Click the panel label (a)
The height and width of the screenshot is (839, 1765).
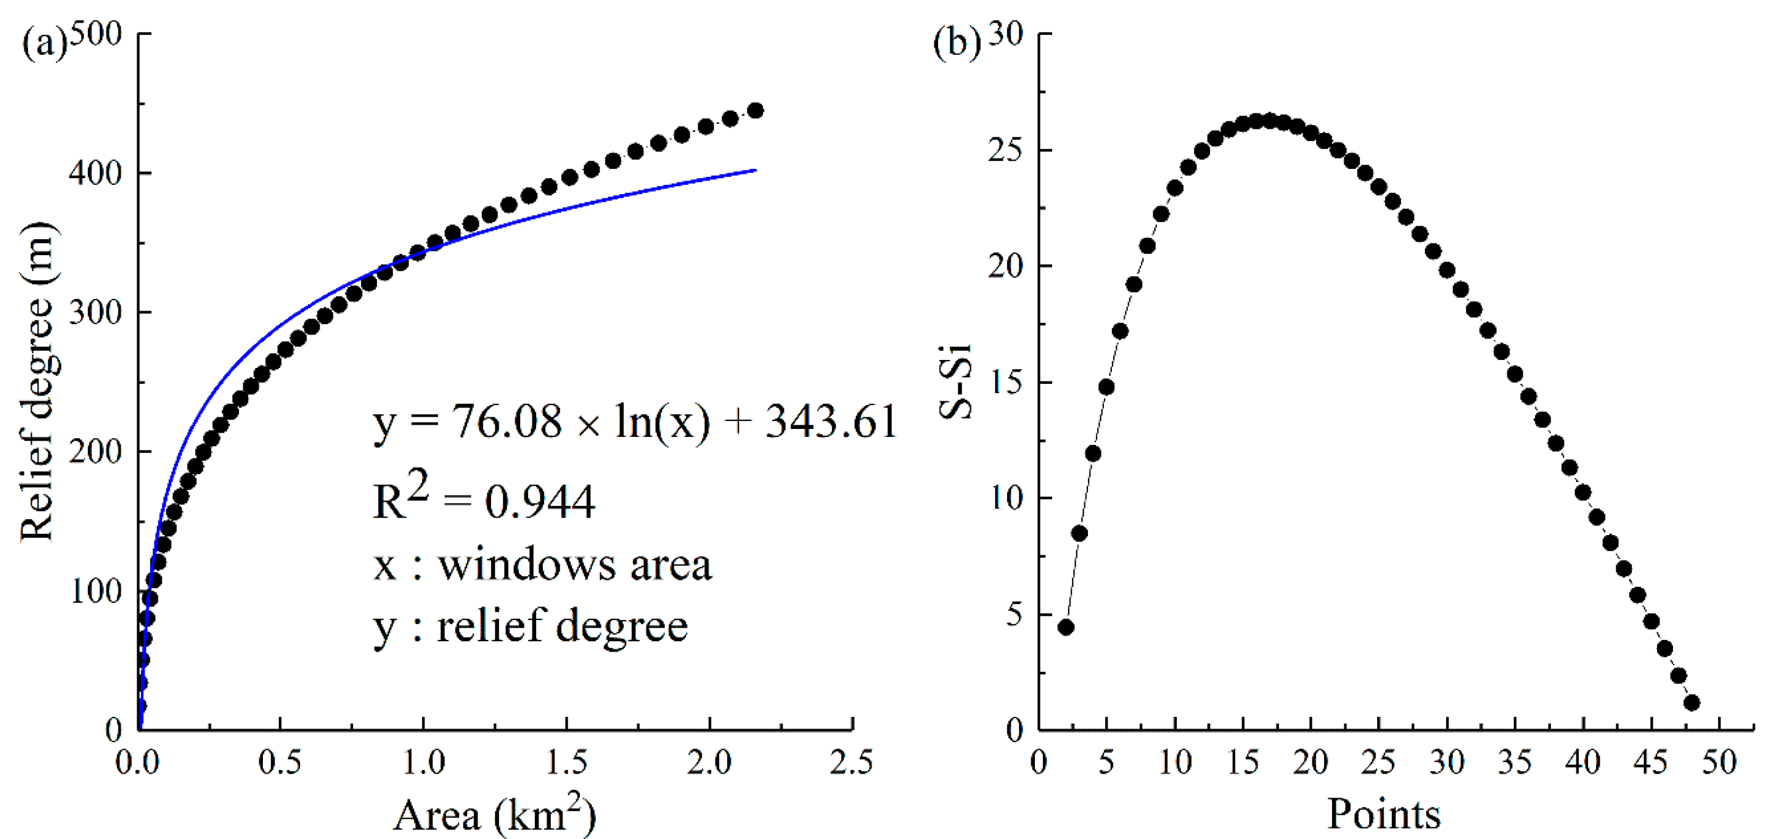pos(44,44)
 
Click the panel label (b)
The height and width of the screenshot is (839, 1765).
pos(956,44)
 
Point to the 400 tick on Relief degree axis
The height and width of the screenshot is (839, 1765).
pos(95,173)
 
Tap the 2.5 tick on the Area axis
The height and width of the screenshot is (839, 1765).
pos(851,762)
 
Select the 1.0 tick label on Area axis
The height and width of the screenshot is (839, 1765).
pos(423,762)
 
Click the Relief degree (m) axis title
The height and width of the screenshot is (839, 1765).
pos(38,381)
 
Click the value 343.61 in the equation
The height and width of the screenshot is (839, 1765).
pos(831,421)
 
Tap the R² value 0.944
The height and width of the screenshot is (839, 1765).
pos(539,502)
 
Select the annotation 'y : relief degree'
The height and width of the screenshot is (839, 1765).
pos(531,626)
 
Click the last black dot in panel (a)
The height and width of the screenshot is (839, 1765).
pos(755,110)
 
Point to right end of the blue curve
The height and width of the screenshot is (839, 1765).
pos(755,169)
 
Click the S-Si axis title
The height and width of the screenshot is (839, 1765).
pos(956,381)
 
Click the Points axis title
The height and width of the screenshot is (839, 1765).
pos(1383,815)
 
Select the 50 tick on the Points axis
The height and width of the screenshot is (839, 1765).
pos(1719,762)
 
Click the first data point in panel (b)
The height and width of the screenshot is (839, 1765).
pos(1065,627)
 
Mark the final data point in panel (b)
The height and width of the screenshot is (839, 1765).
pos(1692,702)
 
